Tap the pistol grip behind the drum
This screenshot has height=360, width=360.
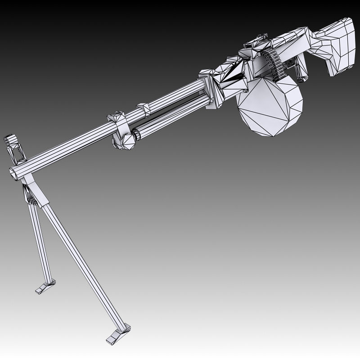[301, 67]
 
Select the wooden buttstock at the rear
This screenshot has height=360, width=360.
[333, 45]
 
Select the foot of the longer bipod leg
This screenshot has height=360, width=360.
[118, 332]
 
